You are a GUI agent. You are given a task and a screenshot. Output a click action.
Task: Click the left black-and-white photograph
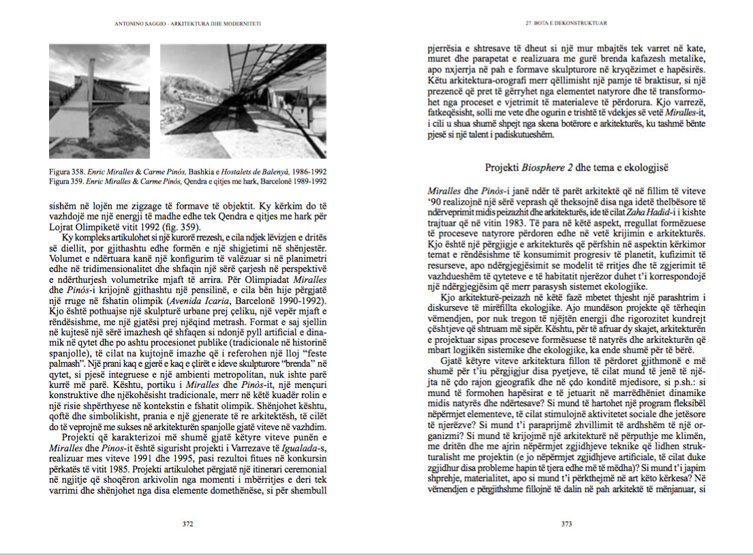coord(99,101)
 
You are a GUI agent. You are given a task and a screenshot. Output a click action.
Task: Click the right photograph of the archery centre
coord(243,101)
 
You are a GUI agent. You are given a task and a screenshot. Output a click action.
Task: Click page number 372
coord(188,524)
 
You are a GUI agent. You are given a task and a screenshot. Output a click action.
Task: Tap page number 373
coord(566,524)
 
